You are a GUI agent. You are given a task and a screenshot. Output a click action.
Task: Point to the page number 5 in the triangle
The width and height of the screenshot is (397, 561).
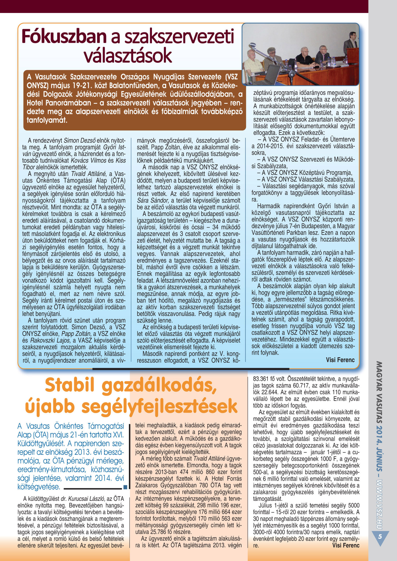[380, 536]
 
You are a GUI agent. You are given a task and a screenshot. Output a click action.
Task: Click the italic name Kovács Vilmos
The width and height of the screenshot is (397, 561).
[88, 161]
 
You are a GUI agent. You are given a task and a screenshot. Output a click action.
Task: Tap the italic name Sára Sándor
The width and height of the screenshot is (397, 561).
[153, 200]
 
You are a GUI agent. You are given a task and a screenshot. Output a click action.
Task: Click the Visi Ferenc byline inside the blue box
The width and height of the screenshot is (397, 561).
[340, 360]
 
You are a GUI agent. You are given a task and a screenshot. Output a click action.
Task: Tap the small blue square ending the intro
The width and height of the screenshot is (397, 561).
[125, 487]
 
